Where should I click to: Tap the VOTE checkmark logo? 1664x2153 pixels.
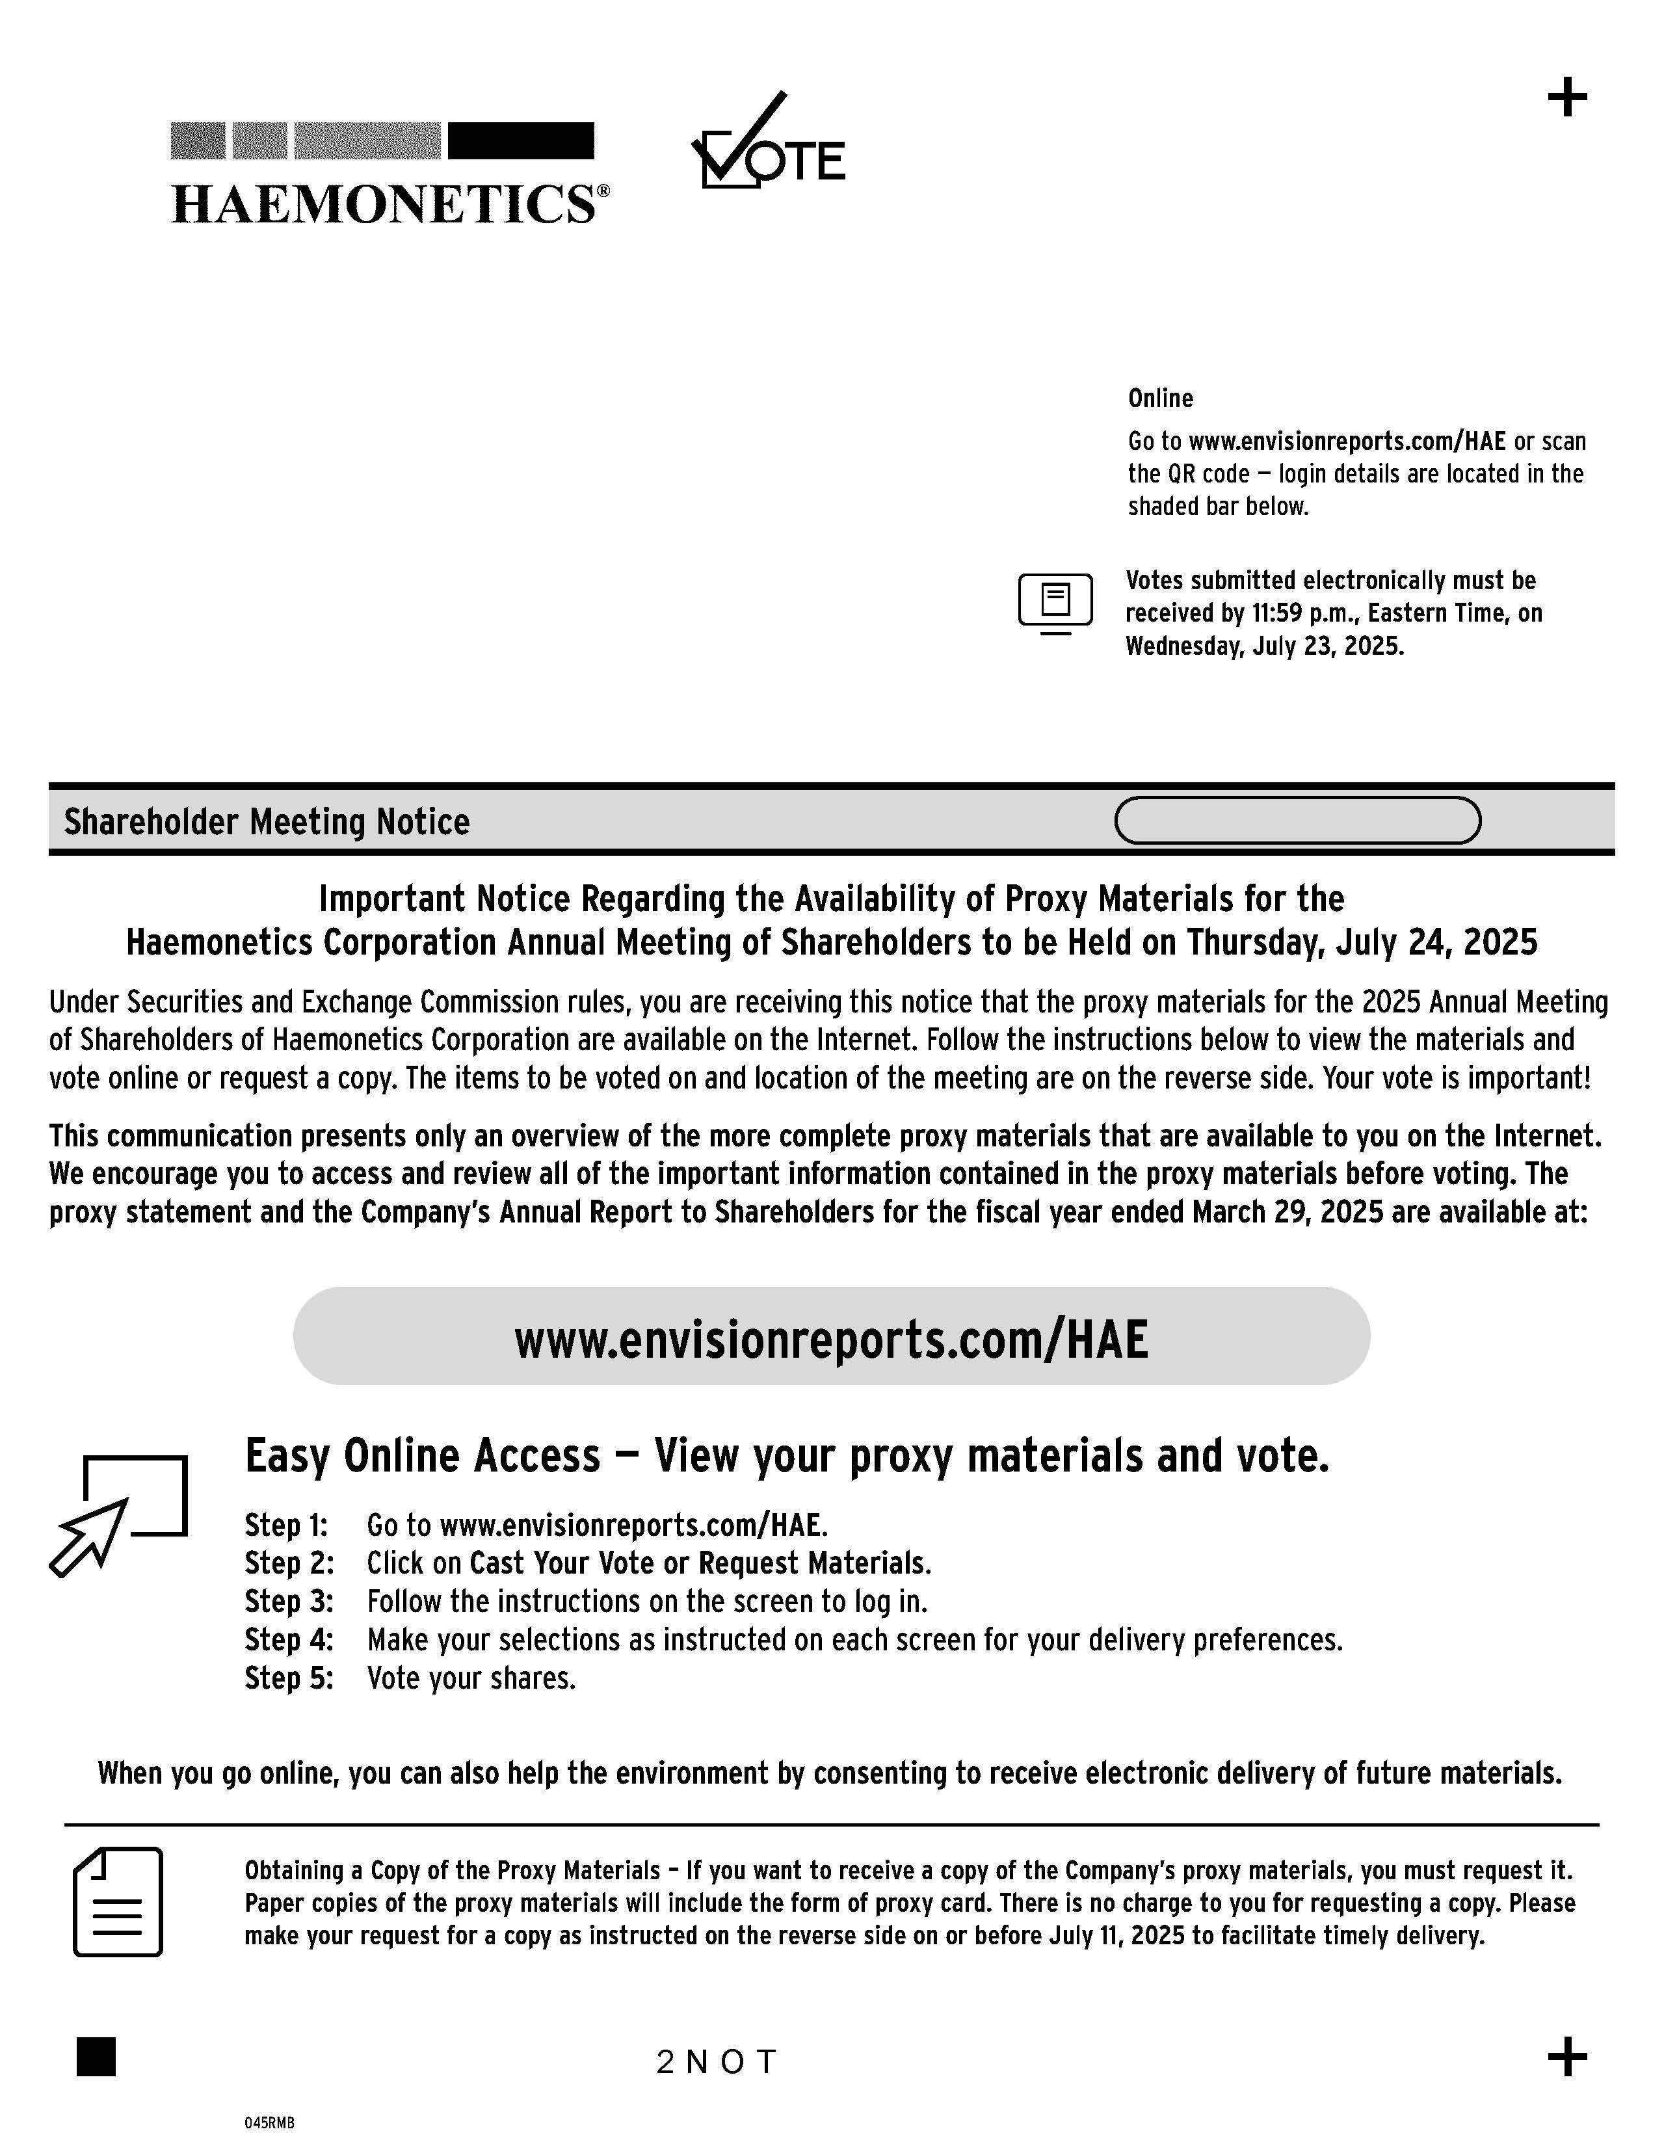click(x=768, y=144)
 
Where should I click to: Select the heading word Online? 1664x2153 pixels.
click(x=1160, y=398)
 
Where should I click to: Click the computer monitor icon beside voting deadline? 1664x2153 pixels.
click(x=1055, y=601)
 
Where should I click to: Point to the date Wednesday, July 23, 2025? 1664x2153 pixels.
click(x=1264, y=647)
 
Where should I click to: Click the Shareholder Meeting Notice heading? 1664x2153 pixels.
click(x=266, y=821)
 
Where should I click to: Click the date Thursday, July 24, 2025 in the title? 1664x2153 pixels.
click(x=1362, y=942)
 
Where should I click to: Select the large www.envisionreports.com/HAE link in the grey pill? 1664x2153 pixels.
click(x=831, y=1340)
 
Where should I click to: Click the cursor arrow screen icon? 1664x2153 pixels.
click(x=118, y=1514)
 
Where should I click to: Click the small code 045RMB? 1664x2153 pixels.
click(x=269, y=2122)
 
